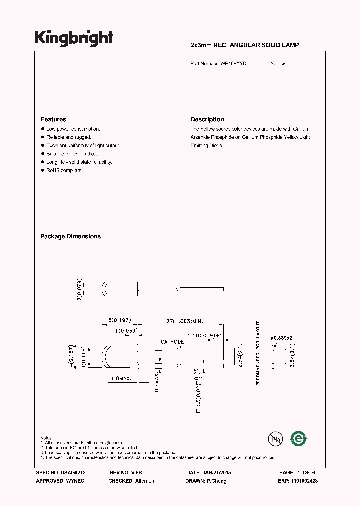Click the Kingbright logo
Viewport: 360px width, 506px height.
coord(73,38)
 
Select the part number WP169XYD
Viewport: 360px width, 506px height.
coord(233,64)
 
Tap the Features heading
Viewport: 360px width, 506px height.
coord(53,119)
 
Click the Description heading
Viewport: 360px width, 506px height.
coord(207,119)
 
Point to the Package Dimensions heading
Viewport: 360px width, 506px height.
coord(70,236)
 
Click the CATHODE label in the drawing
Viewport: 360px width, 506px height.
coord(172,342)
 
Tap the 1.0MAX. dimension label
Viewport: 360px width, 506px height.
coord(120,379)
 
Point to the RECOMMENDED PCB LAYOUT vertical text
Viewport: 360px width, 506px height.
coord(258,353)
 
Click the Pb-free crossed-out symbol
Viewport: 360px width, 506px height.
coord(275,439)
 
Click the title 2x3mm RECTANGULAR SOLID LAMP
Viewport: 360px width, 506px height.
coord(245,45)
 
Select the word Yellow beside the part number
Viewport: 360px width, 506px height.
coord(278,64)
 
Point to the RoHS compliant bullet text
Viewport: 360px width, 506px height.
coord(64,170)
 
